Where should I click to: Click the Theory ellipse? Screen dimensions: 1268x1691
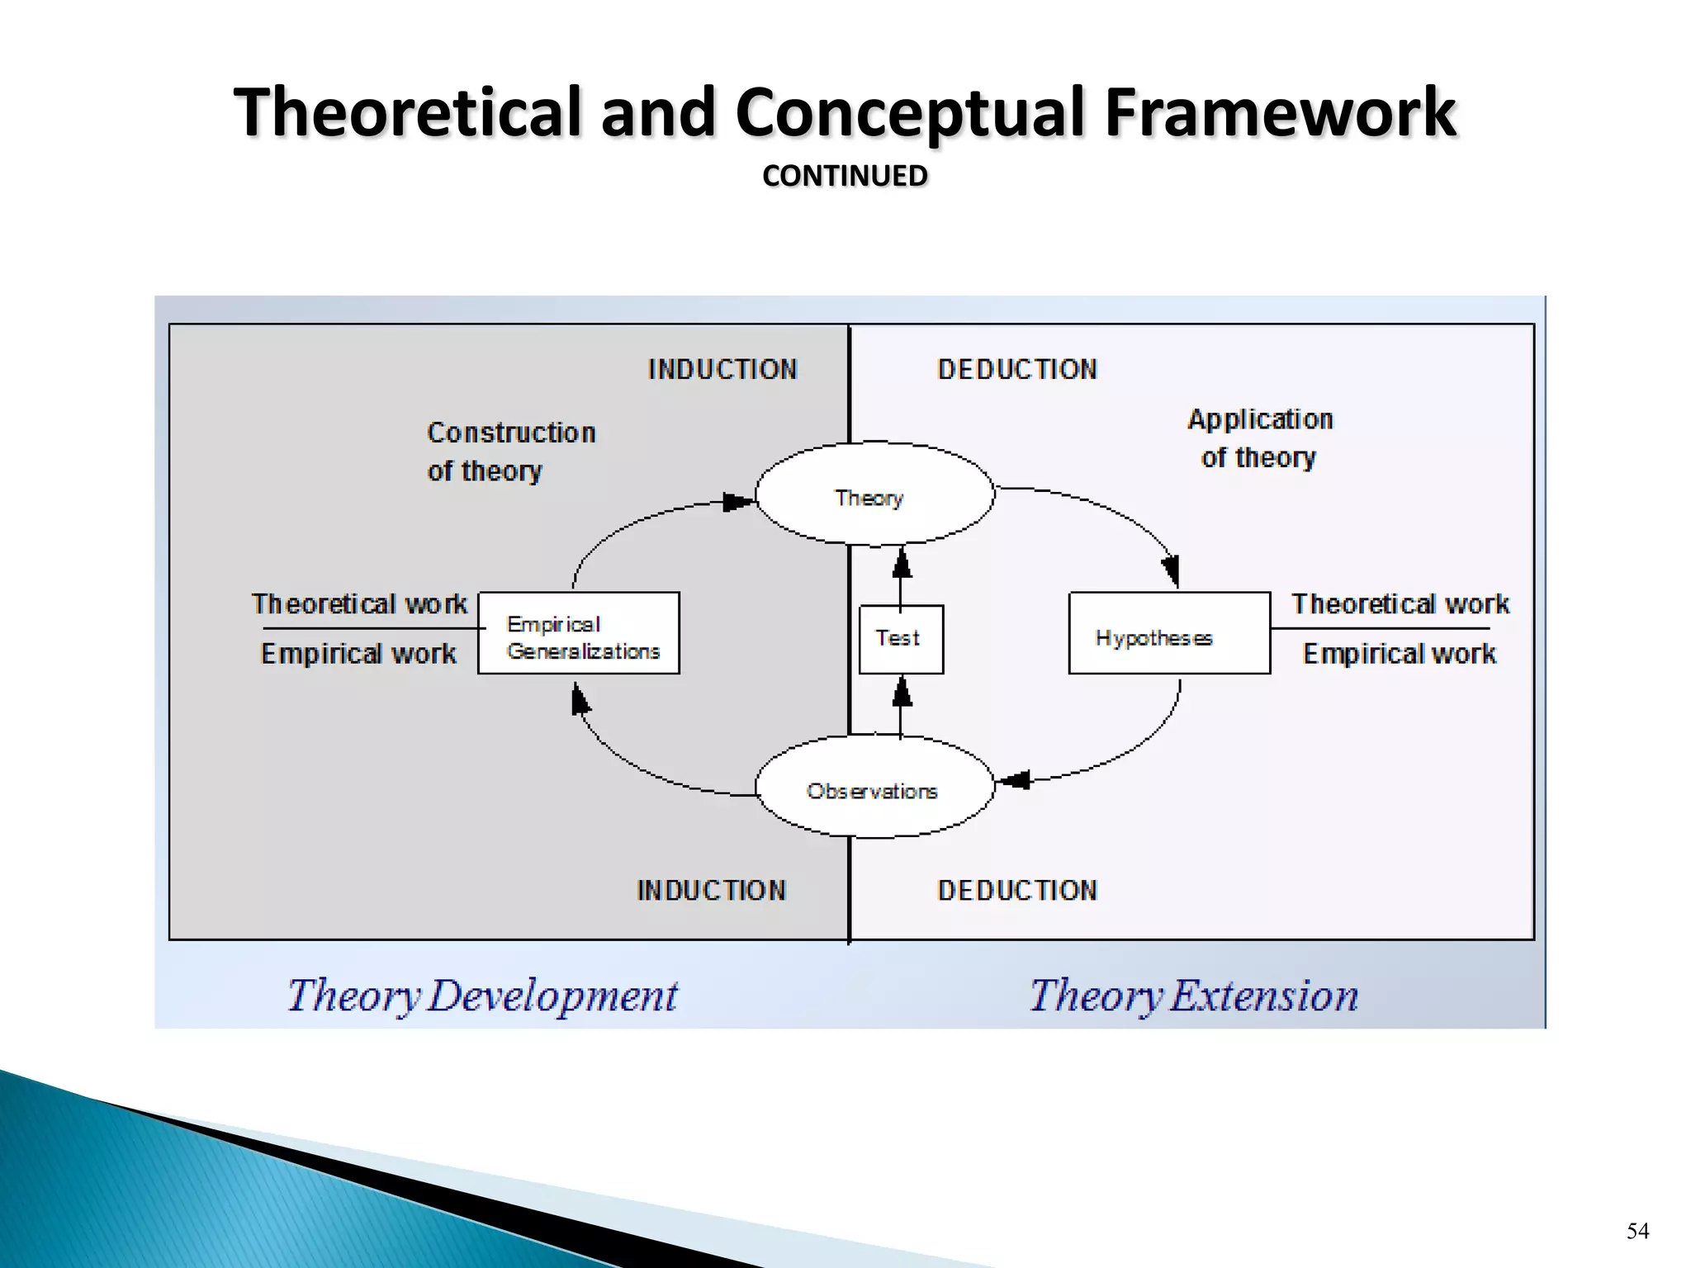[x=874, y=494]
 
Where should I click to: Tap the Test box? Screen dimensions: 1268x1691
[x=900, y=638]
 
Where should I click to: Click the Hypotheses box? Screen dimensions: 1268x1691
[x=1168, y=633]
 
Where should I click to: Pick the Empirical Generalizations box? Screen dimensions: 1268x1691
[x=579, y=633]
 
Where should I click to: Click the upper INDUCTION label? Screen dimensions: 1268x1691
[x=722, y=369]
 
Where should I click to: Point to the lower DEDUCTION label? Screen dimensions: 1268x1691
[x=1016, y=890]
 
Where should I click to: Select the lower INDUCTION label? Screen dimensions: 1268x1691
[x=711, y=890]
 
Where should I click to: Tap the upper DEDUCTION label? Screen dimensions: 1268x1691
[x=1016, y=369]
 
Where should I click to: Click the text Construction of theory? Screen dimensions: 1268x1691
[x=510, y=452]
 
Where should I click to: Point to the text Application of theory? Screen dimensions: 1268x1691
[x=1259, y=438]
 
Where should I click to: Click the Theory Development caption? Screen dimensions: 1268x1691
[x=482, y=995]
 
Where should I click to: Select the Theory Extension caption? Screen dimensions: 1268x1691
[x=1193, y=995]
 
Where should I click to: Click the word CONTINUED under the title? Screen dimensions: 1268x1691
[x=845, y=176]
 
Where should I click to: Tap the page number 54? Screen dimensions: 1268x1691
[x=1637, y=1231]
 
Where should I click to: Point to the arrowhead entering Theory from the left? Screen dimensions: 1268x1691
[x=737, y=502]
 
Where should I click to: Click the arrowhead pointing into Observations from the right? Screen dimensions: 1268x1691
[x=1015, y=779]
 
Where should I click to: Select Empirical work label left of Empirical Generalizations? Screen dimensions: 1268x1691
[x=358, y=654]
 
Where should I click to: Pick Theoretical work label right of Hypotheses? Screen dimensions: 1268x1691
[x=1400, y=604]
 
